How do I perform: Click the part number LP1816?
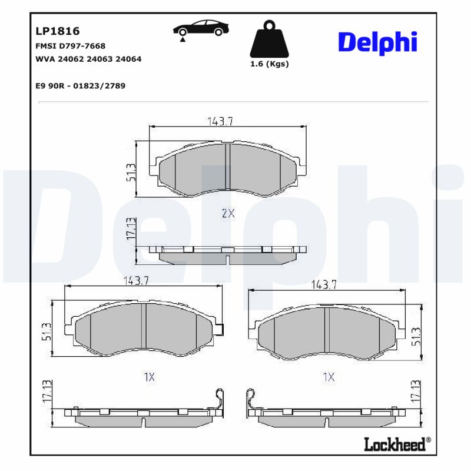(58, 31)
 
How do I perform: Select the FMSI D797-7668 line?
(71, 46)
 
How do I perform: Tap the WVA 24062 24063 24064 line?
(88, 59)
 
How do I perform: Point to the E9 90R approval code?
(80, 86)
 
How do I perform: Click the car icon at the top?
(201, 29)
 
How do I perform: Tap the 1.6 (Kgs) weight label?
(270, 64)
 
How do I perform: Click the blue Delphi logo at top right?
(377, 42)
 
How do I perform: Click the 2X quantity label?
(228, 214)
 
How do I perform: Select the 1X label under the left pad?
(149, 377)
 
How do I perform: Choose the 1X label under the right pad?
(329, 377)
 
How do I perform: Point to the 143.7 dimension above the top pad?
(220, 121)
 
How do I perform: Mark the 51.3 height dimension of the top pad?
(131, 172)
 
